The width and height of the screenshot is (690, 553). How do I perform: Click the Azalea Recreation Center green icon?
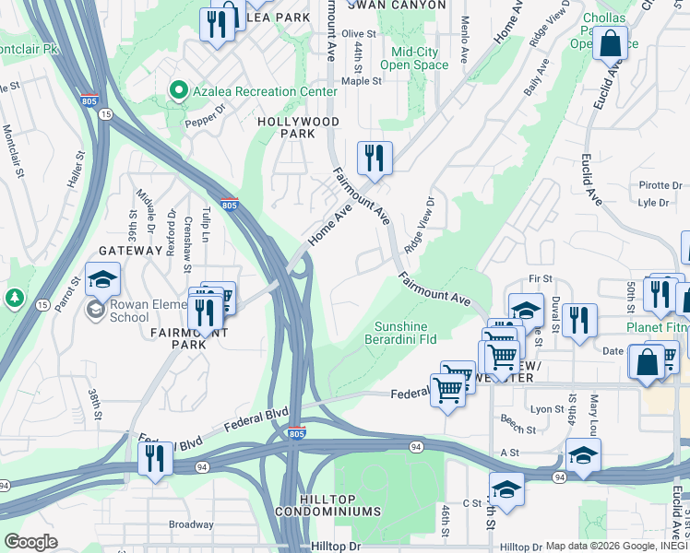pyautogui.click(x=177, y=90)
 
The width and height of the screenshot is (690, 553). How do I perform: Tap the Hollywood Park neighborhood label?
pyautogui.click(x=298, y=128)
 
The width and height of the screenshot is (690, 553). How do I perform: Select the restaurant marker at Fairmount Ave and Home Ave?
pyautogui.click(x=375, y=158)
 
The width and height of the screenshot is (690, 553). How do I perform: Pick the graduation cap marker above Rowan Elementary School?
pyautogui.click(x=103, y=278)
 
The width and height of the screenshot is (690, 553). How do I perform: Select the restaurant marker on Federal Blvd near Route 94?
pyautogui.click(x=155, y=458)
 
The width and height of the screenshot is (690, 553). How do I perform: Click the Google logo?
pyautogui.click(x=31, y=542)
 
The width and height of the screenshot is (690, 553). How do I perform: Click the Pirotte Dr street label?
pyautogui.click(x=659, y=185)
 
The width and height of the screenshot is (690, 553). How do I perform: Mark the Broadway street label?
pyautogui.click(x=190, y=524)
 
